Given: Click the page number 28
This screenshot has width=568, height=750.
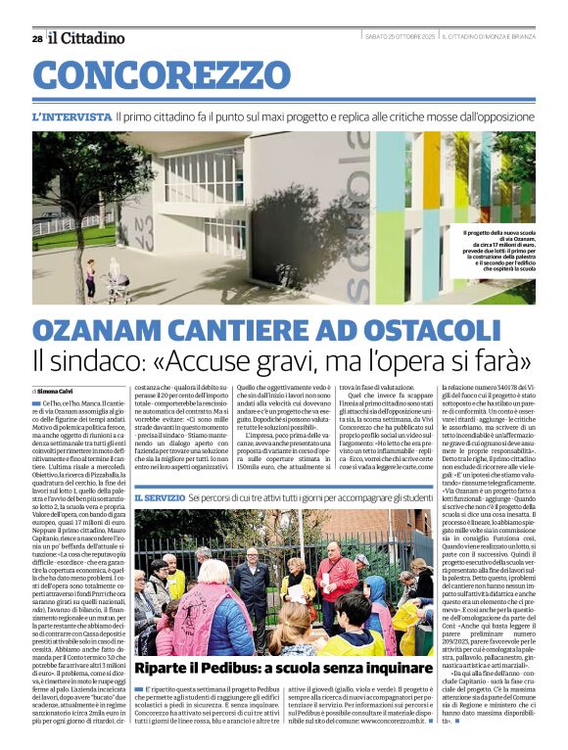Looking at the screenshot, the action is [x=36, y=38].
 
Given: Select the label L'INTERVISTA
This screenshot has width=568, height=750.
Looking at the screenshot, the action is [x=70, y=117].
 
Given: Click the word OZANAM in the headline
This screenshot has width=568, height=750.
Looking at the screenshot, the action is [x=97, y=331].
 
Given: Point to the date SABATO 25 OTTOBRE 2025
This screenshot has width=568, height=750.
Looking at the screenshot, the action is [x=401, y=37].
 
